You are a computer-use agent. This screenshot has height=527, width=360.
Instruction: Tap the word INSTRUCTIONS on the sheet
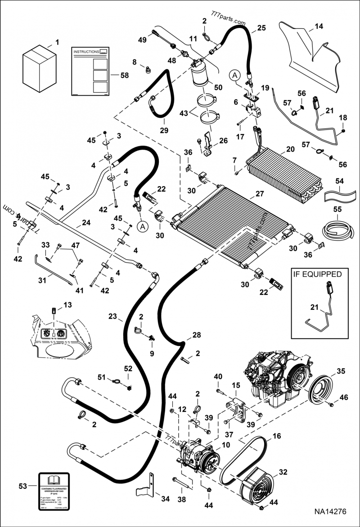(x=86, y=52)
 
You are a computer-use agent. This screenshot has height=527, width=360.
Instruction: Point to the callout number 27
(x=260, y=194)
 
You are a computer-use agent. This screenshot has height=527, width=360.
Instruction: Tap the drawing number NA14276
(x=330, y=512)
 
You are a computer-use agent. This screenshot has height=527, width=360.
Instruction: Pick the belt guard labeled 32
(x=259, y=486)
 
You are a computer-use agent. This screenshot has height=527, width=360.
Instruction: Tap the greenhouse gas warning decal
(x=54, y=491)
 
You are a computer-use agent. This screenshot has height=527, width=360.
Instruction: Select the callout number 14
(x=319, y=27)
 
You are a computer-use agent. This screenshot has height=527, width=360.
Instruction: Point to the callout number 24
(x=86, y=223)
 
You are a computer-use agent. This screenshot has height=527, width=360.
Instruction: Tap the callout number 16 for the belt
(x=276, y=436)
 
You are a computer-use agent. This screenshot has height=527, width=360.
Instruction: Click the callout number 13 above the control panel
(x=67, y=305)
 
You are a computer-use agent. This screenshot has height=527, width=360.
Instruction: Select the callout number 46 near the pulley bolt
(x=344, y=397)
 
